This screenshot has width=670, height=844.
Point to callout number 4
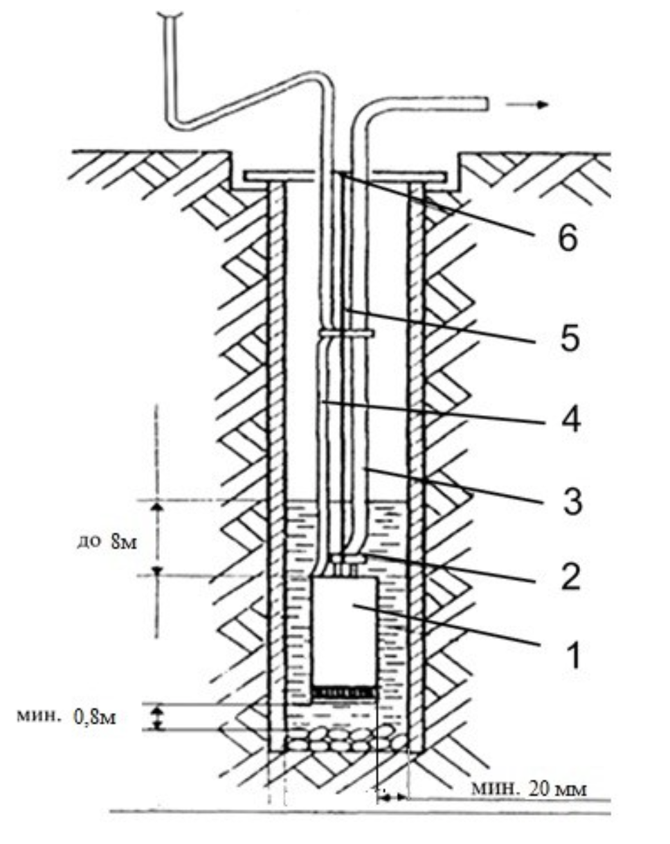570,419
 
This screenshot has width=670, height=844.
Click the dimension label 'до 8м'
107,543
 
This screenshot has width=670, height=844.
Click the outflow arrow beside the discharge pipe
527,104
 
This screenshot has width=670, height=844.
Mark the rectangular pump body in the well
344,632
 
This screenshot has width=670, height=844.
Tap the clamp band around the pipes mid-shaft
345,334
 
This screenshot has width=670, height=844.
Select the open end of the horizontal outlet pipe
485,103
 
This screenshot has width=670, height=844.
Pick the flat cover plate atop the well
344,176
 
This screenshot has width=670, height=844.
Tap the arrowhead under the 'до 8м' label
157,571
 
